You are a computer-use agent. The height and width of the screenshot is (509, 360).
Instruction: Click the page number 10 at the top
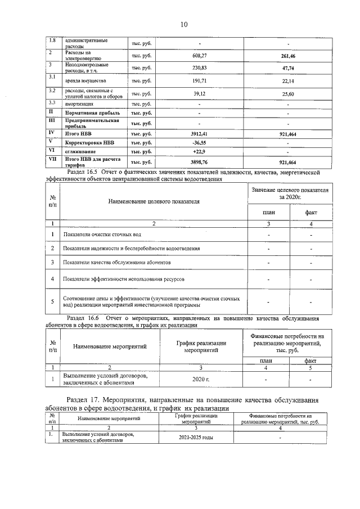click(x=183, y=24)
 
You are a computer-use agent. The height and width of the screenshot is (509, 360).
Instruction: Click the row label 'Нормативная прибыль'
click(x=92, y=113)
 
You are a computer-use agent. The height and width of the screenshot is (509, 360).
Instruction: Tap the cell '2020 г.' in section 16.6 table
click(x=201, y=380)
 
